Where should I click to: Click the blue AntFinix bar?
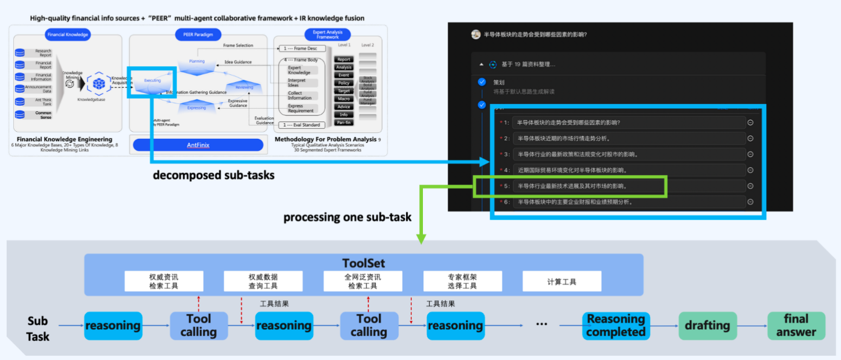(198, 145)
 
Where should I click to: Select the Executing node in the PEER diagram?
(152, 81)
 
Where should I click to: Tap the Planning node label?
(197, 61)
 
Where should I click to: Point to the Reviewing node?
(244, 87)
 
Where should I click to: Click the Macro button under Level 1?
(344, 98)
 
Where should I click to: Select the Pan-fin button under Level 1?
(344, 122)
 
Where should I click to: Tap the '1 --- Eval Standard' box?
(302, 124)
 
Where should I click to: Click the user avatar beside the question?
(476, 34)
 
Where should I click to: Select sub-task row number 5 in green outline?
(570, 186)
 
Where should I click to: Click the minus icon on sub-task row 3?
(750, 154)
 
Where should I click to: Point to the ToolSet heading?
(363, 263)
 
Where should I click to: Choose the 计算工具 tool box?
(561, 281)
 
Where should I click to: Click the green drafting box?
(707, 326)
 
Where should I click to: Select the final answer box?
(796, 326)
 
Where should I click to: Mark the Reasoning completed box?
(616, 326)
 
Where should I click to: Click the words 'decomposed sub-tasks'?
(213, 176)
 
